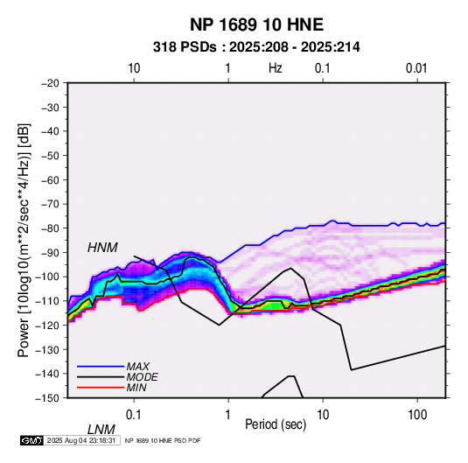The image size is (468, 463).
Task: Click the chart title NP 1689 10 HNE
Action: (256, 25)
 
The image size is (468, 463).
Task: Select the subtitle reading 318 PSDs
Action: (185, 47)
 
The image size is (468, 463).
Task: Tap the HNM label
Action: (102, 248)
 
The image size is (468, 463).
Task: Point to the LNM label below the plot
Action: (101, 430)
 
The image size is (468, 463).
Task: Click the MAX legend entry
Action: (137, 366)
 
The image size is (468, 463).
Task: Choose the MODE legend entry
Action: (142, 377)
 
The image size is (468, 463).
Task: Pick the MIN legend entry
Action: (136, 388)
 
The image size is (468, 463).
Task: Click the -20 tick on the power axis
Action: (50, 83)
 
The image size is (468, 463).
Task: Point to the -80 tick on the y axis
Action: (50, 228)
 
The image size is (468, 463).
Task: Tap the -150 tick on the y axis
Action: (47, 398)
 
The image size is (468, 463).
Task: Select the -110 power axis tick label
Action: (47, 301)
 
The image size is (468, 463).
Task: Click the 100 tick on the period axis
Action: (417, 415)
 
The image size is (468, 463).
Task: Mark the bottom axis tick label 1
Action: (228, 415)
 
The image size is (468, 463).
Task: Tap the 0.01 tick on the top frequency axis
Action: (416, 68)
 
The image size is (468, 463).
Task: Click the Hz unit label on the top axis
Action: (276, 68)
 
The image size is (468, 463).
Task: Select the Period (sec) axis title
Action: (276, 424)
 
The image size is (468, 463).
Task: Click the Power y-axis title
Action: (24, 240)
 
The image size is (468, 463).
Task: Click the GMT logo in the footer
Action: (31, 440)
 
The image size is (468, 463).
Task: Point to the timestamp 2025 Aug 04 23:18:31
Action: (81, 440)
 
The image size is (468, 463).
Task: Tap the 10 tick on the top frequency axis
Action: (134, 68)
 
